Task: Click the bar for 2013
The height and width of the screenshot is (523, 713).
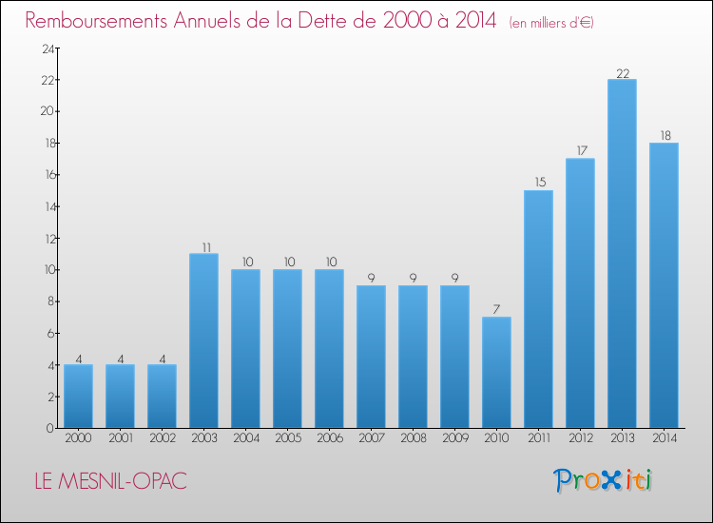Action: (x=622, y=254)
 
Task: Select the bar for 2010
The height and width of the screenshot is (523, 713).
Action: (x=496, y=373)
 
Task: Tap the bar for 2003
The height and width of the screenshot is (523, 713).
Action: (x=203, y=340)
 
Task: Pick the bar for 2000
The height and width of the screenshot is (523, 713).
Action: (x=78, y=397)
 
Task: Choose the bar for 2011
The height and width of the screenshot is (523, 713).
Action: (x=538, y=309)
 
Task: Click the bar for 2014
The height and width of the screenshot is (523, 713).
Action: (x=664, y=285)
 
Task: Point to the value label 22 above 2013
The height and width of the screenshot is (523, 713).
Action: (x=622, y=71)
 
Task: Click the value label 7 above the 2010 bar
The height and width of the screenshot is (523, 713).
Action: (x=496, y=309)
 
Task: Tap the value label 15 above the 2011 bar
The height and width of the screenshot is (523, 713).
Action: (x=538, y=183)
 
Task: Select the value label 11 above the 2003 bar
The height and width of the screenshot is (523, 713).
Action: (x=203, y=245)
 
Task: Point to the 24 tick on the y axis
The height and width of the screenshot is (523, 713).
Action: (x=45, y=48)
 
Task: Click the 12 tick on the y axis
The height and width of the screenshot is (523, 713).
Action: (x=45, y=239)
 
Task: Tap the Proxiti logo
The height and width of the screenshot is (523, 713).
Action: (x=604, y=480)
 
